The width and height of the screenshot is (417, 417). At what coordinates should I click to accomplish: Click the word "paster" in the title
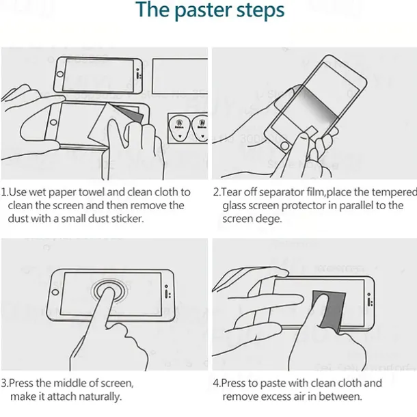click(x=204, y=11)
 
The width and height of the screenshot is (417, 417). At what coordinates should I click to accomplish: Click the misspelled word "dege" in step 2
click(x=268, y=219)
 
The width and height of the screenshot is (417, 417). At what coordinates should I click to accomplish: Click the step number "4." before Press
click(x=217, y=384)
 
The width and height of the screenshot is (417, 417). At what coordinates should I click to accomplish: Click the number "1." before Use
click(x=5, y=192)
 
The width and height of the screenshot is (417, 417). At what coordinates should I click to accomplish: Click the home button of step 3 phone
click(x=55, y=292)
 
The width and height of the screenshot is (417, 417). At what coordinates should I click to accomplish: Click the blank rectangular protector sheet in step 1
click(x=180, y=76)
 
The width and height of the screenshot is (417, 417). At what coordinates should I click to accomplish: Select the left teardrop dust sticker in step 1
click(x=180, y=129)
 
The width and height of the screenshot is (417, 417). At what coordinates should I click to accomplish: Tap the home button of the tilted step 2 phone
click(x=284, y=146)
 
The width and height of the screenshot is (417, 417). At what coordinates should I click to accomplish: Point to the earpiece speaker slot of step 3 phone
click(x=167, y=293)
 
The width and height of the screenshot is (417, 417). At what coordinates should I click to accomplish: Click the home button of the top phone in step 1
click(x=60, y=74)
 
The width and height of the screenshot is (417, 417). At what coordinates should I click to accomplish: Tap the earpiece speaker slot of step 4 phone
click(x=369, y=301)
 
